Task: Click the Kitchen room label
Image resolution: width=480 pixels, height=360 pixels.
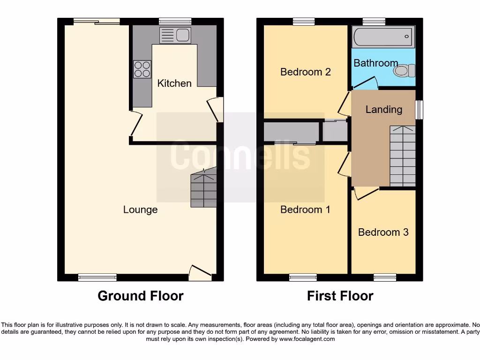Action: pyautogui.click(x=174, y=83)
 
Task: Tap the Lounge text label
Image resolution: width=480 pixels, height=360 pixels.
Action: pyautogui.click(x=140, y=210)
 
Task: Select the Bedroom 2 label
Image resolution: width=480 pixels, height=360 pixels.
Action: pyautogui.click(x=306, y=72)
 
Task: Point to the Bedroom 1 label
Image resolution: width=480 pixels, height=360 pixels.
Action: pyautogui.click(x=305, y=210)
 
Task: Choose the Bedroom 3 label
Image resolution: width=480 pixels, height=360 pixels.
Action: pyautogui.click(x=383, y=232)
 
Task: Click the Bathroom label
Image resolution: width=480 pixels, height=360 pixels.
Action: pyautogui.click(x=375, y=63)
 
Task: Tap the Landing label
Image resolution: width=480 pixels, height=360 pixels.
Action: pyautogui.click(x=383, y=109)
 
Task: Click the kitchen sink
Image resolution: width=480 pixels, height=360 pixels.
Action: pyautogui.click(x=174, y=35)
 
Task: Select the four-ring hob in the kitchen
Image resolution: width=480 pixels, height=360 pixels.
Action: pyautogui.click(x=142, y=69)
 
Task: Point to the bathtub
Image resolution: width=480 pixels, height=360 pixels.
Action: pyautogui.click(x=383, y=37)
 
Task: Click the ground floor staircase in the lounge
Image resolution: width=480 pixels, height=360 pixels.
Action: pyautogui.click(x=203, y=189)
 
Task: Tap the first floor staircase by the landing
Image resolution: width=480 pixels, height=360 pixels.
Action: pyautogui.click(x=402, y=157)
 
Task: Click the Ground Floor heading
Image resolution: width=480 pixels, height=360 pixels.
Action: pyautogui.click(x=141, y=296)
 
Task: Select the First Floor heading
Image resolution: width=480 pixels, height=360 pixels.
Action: pyautogui.click(x=340, y=296)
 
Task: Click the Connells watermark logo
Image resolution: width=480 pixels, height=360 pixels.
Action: pyautogui.click(x=240, y=156)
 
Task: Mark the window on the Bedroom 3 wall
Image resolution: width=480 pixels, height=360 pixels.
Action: pyautogui.click(x=385, y=277)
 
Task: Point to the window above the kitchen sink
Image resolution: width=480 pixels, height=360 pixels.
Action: pyautogui.click(x=175, y=21)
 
